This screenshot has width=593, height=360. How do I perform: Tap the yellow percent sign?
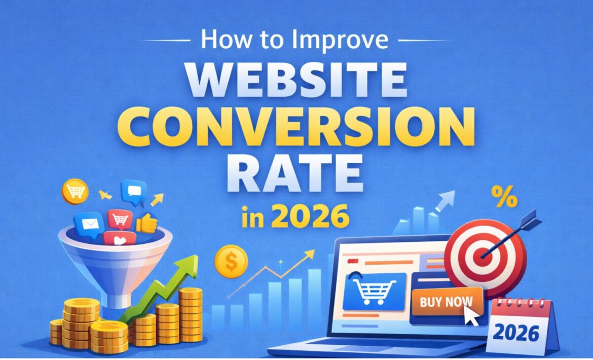[x=504, y=198]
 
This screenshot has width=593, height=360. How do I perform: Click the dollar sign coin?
[x=230, y=261]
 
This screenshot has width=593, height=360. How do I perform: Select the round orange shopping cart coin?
[x=75, y=191]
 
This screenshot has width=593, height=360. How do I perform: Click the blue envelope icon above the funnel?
[x=89, y=223]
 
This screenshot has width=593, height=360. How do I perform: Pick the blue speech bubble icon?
[x=133, y=192]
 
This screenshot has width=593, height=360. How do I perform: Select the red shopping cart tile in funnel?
[x=120, y=219]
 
